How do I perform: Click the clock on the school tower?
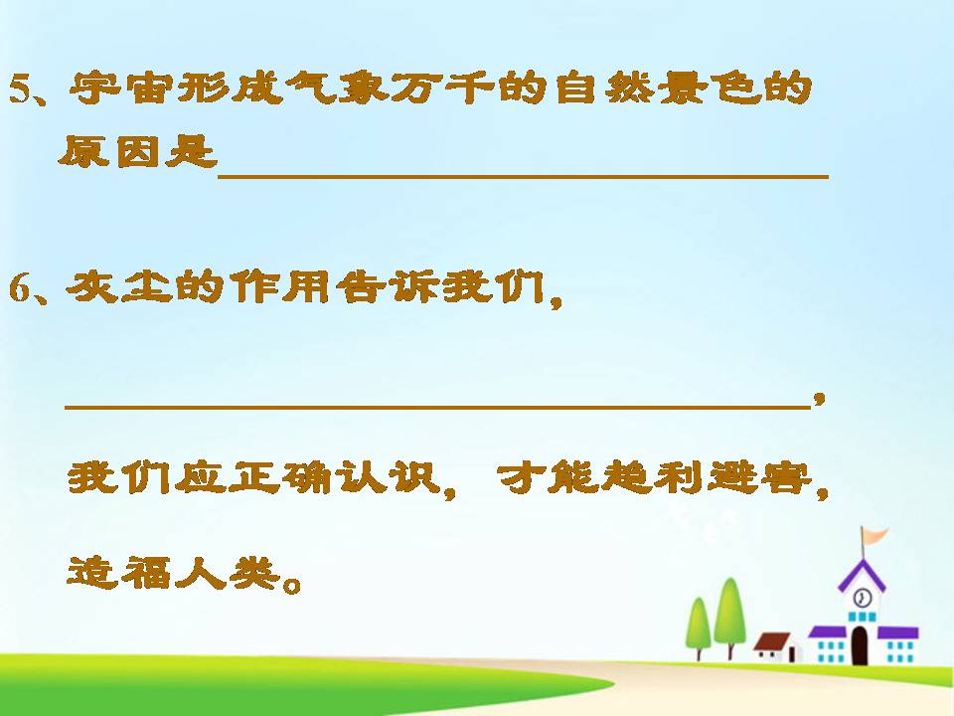click(x=863, y=598)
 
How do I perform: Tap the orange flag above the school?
click(x=874, y=537)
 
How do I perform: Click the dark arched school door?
click(x=861, y=646)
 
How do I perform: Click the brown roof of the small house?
click(x=772, y=641)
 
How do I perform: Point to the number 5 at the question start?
click(x=20, y=91)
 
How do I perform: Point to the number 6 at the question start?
click(x=20, y=288)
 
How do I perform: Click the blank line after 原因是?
click(x=522, y=173)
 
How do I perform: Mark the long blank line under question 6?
click(x=437, y=406)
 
